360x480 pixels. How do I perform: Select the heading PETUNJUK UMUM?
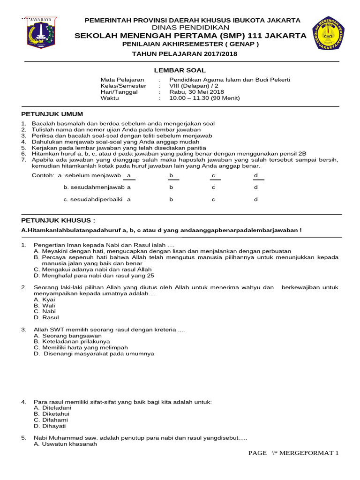[x=52, y=114]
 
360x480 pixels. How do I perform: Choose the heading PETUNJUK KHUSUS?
[x=59, y=220]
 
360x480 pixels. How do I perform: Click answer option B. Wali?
[x=45, y=305]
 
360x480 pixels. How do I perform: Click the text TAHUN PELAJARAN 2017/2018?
[x=185, y=54]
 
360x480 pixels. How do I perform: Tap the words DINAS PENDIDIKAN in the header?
[x=192, y=28]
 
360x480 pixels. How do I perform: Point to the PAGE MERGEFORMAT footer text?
[x=292, y=453]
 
